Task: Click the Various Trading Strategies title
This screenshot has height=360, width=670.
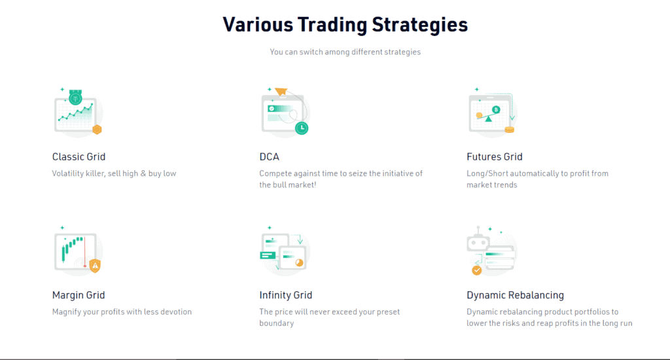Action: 345,25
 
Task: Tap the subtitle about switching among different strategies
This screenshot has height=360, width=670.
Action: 345,52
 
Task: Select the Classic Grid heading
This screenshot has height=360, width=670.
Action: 79,157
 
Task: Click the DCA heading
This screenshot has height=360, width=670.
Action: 269,157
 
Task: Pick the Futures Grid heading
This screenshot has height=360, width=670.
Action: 495,157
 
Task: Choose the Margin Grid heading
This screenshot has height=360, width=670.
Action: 79,295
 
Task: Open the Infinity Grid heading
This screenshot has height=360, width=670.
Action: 285,295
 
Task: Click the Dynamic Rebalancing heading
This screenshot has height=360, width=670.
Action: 516,295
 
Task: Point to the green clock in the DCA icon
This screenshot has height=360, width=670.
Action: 302,128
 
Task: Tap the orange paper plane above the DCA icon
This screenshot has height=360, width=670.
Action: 281,91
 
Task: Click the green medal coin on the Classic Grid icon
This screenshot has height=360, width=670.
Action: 76,98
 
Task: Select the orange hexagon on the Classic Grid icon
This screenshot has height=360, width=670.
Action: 97,129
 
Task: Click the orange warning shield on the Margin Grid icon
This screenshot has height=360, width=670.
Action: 95,266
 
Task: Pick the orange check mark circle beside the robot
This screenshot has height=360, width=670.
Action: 476,270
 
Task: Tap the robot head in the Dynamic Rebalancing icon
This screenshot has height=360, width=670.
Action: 478,243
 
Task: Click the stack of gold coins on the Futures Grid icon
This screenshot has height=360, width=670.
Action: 509,130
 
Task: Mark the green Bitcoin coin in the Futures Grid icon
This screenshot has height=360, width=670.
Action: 496,110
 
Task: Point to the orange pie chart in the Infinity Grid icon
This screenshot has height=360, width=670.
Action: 299,262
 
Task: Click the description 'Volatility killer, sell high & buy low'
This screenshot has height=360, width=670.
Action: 114,173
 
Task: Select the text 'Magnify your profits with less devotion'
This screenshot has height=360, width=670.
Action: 122,312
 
